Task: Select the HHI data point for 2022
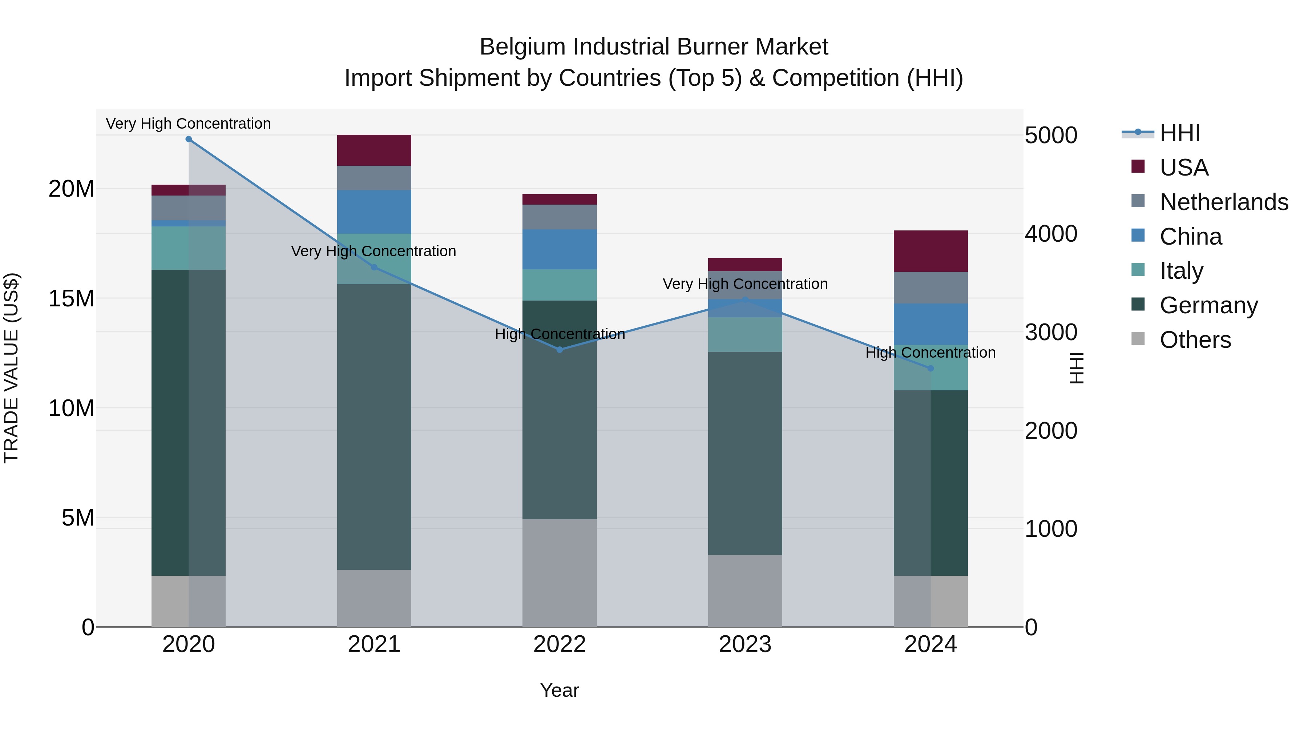click(560, 349)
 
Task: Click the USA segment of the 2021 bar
click(374, 150)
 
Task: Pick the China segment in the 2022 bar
click(560, 249)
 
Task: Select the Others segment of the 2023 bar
click(745, 591)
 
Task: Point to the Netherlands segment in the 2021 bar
click(374, 178)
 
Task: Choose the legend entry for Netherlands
click(1224, 202)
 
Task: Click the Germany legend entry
click(1208, 305)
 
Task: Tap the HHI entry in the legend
click(1179, 133)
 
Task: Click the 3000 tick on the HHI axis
click(1050, 332)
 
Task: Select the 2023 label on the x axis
click(745, 644)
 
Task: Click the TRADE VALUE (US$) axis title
click(11, 368)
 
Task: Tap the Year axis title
click(559, 690)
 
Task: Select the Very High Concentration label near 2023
click(745, 283)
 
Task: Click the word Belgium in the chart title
click(523, 47)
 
